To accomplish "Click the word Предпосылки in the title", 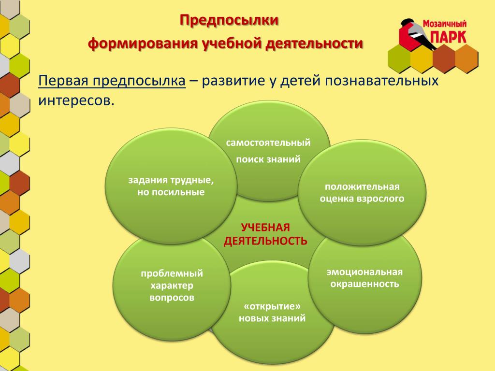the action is [x=229, y=20].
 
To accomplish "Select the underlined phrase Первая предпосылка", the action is [x=112, y=81].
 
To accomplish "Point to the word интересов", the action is [x=76, y=100].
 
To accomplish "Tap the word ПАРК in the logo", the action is [x=448, y=37].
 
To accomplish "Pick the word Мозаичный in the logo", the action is [x=445, y=24].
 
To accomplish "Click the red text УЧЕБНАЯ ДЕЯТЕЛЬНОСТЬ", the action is [x=265, y=234].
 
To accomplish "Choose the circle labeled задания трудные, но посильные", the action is [x=171, y=186].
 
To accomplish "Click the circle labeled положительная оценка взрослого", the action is [x=362, y=192].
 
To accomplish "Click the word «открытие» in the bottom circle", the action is [x=272, y=306].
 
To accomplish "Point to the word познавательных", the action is [x=382, y=81].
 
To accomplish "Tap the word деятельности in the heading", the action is [x=314, y=43].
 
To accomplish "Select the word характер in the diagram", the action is [x=172, y=286].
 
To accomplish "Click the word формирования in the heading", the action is [x=143, y=43].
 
